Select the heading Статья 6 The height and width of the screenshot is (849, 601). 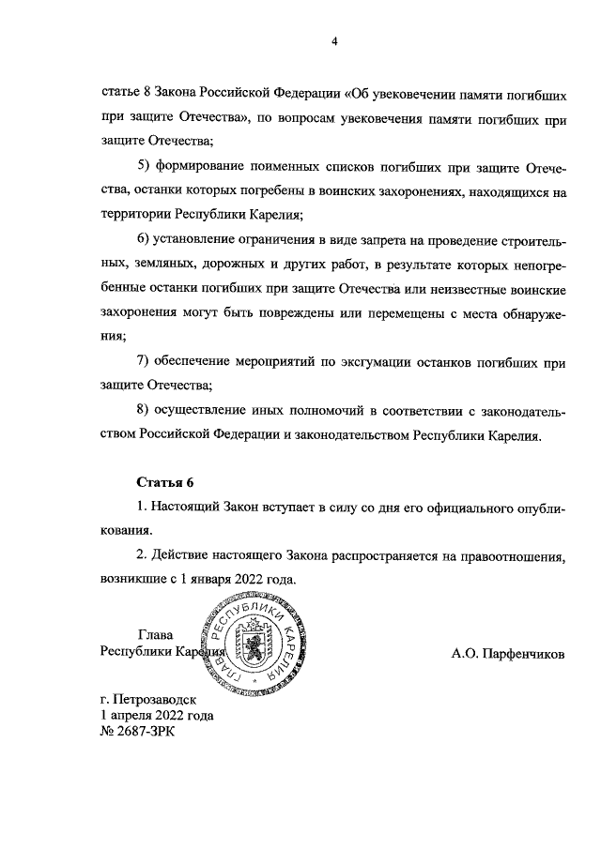[x=164, y=482]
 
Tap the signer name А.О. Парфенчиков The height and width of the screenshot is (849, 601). [x=508, y=654]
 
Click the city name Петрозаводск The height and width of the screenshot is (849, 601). [x=158, y=699]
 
